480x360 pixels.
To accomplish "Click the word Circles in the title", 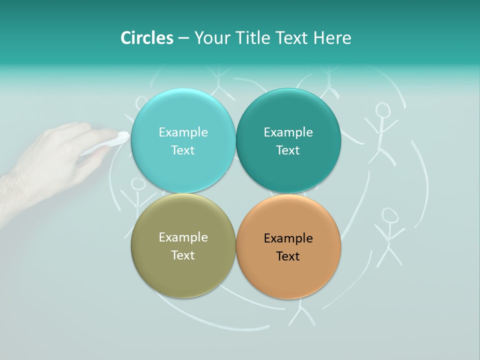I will tap(147, 38).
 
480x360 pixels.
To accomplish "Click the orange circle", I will tap(288, 280).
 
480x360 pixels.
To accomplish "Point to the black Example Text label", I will tap(288, 247).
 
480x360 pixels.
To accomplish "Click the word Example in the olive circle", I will tap(183, 237).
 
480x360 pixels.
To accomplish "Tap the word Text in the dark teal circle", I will tap(288, 150).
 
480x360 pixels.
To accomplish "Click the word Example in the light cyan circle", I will tap(183, 132).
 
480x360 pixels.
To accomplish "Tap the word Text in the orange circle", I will tap(288, 256).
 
